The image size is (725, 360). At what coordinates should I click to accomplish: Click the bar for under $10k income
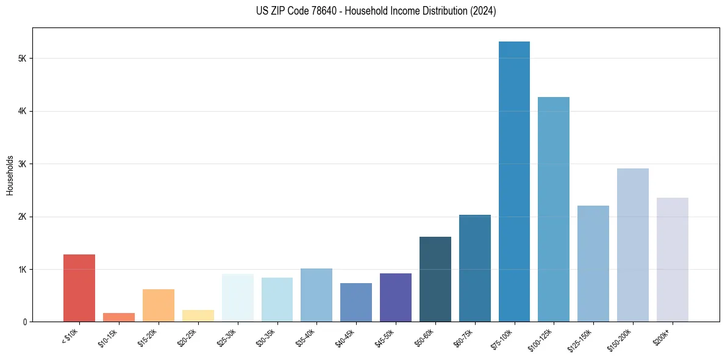79,288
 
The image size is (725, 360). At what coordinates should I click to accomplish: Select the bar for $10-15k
119,317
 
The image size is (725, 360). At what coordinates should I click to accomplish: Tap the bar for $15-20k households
159,305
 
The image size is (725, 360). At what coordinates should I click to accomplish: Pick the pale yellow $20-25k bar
198,315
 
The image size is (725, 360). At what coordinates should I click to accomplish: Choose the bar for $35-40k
316,295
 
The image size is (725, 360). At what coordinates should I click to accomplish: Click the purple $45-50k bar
396,297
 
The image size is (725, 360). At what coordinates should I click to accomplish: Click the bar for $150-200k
633,245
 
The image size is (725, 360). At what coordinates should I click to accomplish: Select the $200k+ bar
673,259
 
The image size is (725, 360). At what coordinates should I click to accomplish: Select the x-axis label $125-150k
582,338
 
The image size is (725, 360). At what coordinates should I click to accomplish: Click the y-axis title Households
10,175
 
